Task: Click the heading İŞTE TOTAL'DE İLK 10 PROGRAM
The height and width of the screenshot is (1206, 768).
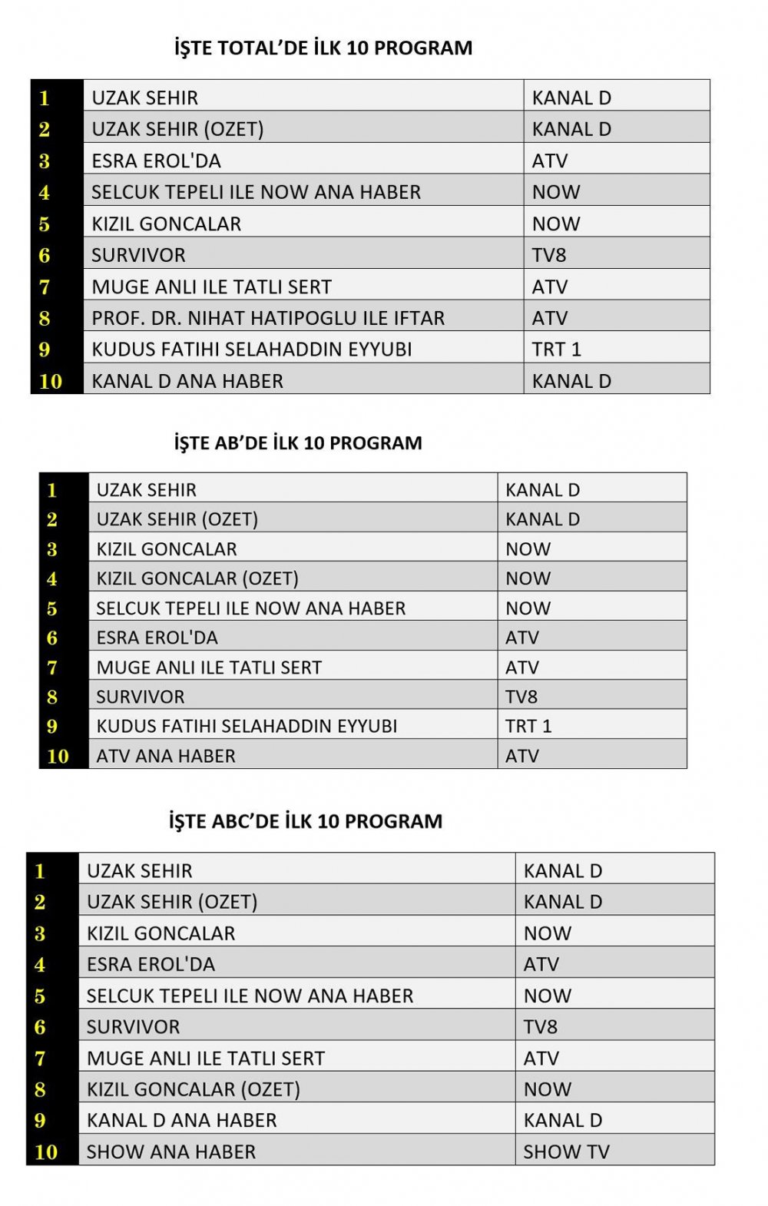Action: coord(323,48)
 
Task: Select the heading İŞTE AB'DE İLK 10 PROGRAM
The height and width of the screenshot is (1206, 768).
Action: coord(298,443)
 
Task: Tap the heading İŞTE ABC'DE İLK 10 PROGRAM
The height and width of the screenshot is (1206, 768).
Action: coord(306,821)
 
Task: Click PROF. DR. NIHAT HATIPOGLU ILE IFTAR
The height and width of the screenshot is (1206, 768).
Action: coord(268,318)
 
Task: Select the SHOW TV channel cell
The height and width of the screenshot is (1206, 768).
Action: coord(566,1151)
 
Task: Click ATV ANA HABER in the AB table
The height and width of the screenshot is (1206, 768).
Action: coord(166,756)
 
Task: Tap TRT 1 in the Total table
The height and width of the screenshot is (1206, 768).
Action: coord(557,350)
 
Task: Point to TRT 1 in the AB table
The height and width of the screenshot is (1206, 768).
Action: coord(528,726)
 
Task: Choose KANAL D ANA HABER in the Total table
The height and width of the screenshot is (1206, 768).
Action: coord(187,381)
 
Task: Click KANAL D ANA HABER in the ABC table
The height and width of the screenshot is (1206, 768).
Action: coord(181,1120)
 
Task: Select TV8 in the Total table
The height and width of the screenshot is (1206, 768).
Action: coord(549,255)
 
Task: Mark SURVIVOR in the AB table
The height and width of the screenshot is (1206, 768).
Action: coord(141,697)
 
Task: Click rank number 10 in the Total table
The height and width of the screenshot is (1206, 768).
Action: coord(51,381)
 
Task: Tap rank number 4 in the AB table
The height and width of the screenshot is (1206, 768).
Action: coord(52,578)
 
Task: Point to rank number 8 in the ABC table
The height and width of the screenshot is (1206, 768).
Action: coord(40,1089)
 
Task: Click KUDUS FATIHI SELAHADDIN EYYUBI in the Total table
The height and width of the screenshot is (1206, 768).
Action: coord(252,350)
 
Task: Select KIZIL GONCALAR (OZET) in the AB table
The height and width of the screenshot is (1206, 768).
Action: coord(197,578)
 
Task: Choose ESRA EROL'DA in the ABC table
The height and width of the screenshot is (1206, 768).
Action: coord(151,964)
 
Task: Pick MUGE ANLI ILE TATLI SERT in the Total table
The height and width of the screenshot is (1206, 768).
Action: coord(211,287)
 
